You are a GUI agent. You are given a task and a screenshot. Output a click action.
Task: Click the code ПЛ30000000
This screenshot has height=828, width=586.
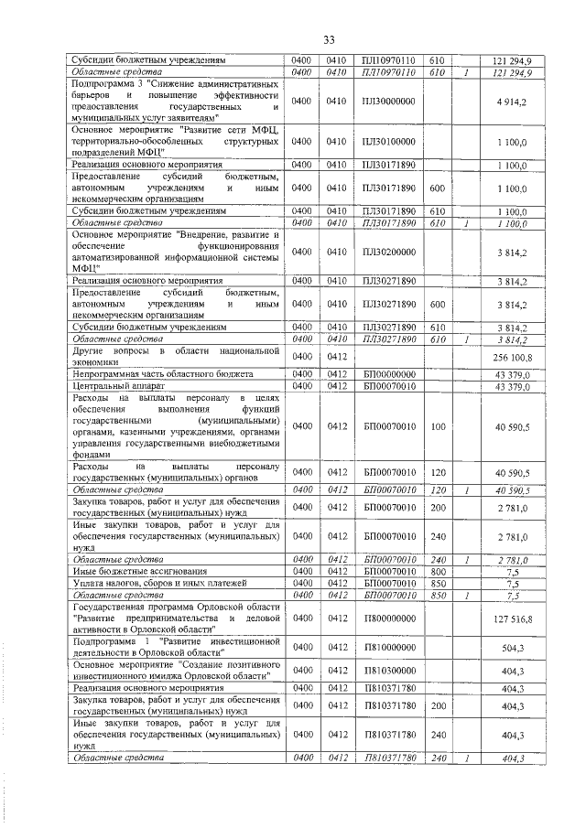pos(389,101)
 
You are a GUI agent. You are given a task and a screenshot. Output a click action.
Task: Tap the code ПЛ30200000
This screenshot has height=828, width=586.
pos(389,251)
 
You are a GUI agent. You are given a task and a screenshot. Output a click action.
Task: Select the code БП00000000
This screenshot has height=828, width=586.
pos(389,375)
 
